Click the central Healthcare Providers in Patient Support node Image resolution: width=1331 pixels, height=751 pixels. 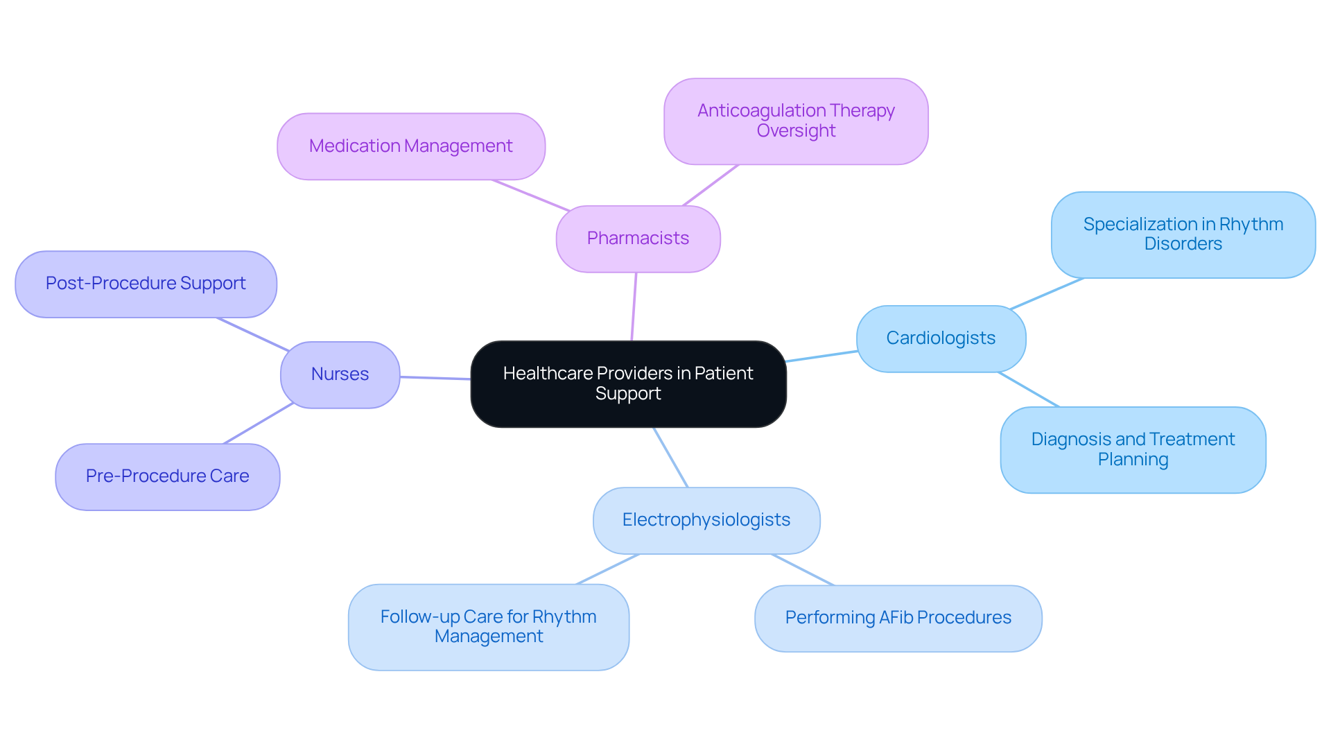[628, 383]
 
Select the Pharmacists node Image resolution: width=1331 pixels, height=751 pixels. [638, 239]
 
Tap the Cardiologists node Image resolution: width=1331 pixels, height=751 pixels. [941, 338]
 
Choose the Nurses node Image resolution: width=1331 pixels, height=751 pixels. [340, 374]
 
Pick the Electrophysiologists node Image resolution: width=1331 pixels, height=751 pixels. [706, 520]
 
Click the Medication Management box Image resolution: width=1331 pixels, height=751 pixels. [410, 146]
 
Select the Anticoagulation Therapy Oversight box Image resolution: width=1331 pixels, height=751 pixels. [795, 121]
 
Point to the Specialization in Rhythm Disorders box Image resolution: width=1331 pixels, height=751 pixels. [1183, 234]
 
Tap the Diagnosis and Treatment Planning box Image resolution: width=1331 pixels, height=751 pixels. [1133, 449]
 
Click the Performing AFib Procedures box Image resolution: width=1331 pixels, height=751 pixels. [898, 618]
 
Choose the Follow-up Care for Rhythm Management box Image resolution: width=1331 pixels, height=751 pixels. [488, 627]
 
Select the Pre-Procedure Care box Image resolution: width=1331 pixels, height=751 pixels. [167, 476]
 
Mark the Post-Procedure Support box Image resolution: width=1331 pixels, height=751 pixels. [146, 284]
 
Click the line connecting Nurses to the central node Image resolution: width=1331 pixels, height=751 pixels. [435, 378]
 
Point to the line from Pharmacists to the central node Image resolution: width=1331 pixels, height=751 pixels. [634, 307]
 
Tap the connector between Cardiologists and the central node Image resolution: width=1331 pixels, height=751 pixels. [821, 356]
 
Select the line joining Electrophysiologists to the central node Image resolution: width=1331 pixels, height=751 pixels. [670, 457]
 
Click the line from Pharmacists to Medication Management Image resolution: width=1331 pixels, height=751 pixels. [531, 196]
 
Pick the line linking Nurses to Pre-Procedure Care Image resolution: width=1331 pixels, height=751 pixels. [258, 424]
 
